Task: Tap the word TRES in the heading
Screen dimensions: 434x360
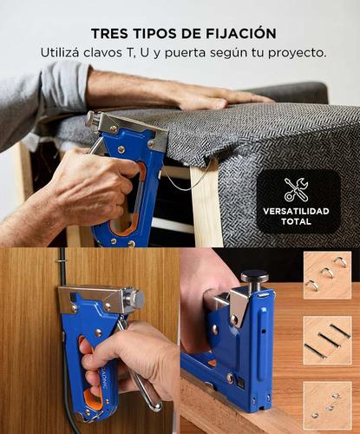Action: click(x=110, y=33)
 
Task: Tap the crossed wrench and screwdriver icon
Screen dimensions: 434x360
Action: click(x=297, y=189)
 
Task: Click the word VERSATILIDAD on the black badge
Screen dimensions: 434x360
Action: click(x=297, y=211)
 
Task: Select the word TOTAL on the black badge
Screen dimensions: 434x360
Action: click(x=297, y=222)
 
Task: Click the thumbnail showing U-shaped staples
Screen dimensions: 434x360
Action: click(x=327, y=275)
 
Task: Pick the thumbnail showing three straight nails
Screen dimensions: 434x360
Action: click(x=327, y=339)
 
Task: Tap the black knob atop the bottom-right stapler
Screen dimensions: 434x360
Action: click(x=254, y=277)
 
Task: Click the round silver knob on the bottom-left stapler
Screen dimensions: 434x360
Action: click(x=135, y=299)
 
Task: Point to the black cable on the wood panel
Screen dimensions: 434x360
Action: click(x=64, y=382)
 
